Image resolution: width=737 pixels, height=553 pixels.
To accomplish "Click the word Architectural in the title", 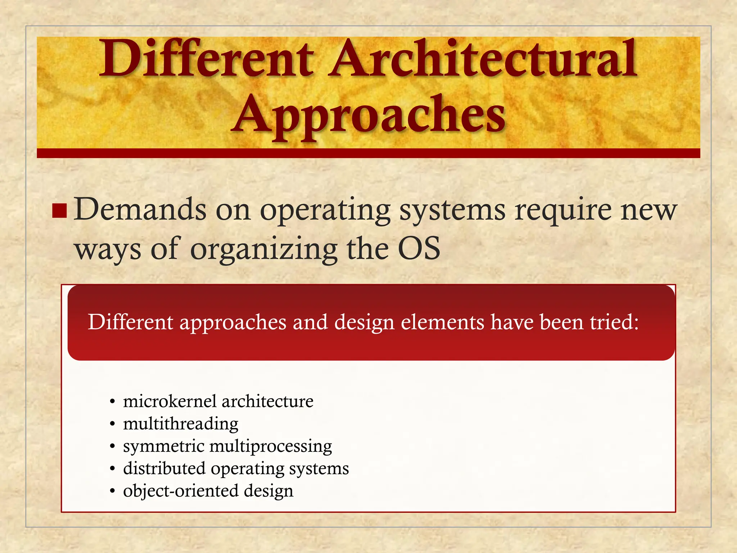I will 482,59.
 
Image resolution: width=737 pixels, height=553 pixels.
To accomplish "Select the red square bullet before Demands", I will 59,211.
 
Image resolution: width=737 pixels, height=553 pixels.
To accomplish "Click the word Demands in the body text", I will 140,210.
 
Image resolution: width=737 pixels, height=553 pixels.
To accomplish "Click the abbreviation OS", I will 419,248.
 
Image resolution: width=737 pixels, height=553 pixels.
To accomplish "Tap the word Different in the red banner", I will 130,322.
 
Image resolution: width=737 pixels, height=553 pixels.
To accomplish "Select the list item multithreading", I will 181,424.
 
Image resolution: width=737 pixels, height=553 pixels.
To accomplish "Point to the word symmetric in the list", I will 163,447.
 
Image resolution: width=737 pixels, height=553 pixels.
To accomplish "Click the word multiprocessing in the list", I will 271,447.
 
